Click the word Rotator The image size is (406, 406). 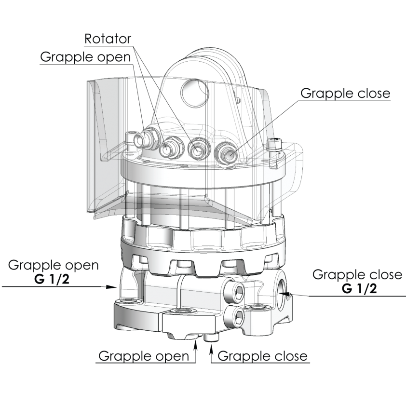(108, 39)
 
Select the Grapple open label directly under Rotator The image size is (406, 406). (85, 57)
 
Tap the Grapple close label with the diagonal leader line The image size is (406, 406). (345, 94)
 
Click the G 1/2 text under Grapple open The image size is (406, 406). (52, 279)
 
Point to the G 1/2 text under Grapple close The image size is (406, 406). (359, 289)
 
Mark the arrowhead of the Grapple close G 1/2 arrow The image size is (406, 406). (284, 294)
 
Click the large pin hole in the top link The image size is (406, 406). (195, 93)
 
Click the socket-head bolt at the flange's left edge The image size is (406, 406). (131, 142)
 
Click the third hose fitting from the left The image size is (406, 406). (198, 149)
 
